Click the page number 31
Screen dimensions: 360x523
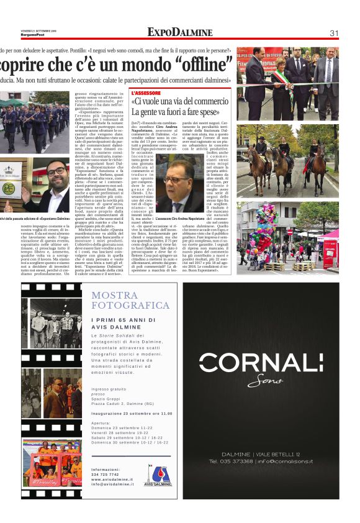[333, 33]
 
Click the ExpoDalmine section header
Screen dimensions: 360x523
[180, 32]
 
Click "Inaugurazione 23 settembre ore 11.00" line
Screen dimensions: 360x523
[131, 413]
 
